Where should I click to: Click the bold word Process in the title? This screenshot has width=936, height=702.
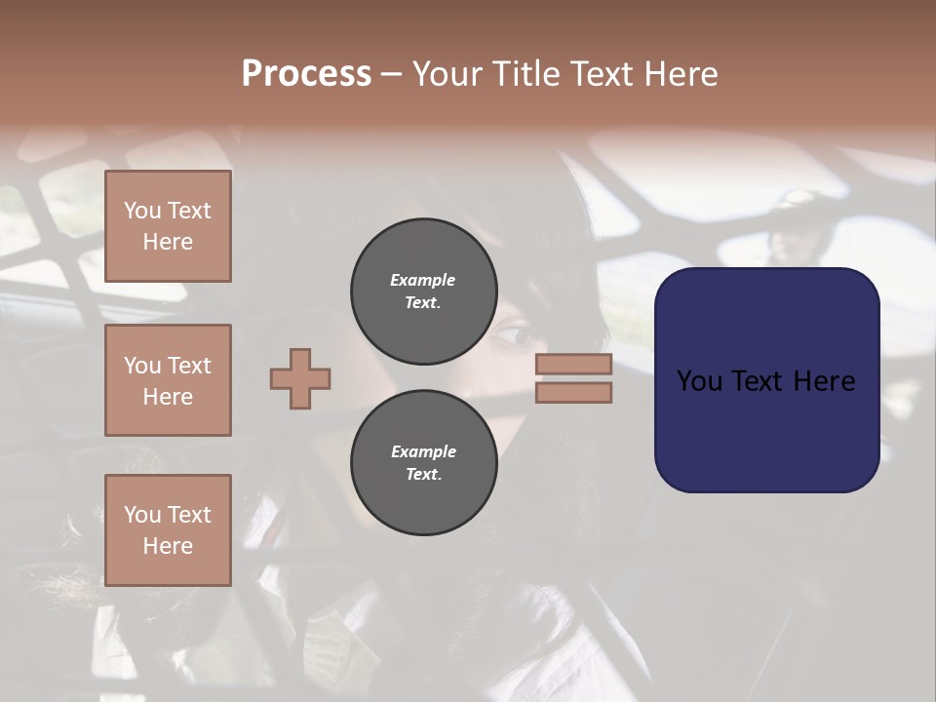(306, 74)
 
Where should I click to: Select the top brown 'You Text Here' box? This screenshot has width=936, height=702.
(168, 226)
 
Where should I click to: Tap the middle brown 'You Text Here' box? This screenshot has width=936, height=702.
(168, 380)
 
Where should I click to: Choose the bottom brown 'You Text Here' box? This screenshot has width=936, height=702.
(168, 530)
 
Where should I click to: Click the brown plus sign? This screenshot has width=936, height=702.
(300, 378)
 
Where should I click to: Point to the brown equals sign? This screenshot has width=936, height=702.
(573, 378)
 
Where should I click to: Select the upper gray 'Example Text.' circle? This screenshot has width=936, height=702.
(424, 292)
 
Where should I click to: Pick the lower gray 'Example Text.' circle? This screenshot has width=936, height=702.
(424, 463)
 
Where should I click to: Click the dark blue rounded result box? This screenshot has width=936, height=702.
(766, 380)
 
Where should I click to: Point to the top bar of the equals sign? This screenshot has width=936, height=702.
(573, 365)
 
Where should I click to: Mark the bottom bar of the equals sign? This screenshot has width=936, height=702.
(573, 392)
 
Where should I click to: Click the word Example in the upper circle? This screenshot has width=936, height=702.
(422, 280)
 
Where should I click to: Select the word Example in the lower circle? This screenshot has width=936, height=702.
(423, 451)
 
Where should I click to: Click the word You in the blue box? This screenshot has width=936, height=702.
(699, 381)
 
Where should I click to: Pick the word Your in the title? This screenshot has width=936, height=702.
(448, 74)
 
